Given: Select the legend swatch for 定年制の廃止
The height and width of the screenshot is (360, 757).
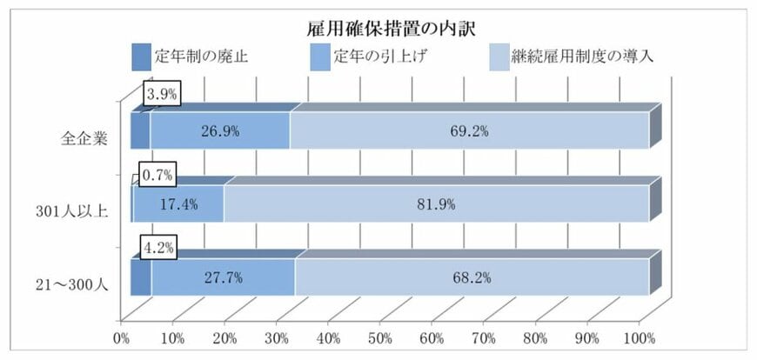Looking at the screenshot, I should pos(140,57).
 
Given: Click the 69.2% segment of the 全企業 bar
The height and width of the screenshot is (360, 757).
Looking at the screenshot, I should pos(469,131).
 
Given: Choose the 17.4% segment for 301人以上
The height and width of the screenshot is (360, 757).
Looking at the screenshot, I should pos(178,204).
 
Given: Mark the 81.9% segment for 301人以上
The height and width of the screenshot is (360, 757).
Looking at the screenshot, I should pos(436,204).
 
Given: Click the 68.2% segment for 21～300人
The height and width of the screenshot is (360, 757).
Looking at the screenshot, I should pos(472,278).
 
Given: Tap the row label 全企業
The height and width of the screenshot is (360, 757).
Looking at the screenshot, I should pos(86,137).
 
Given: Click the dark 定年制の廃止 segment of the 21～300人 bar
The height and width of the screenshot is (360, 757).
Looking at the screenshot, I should pos(140,278).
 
